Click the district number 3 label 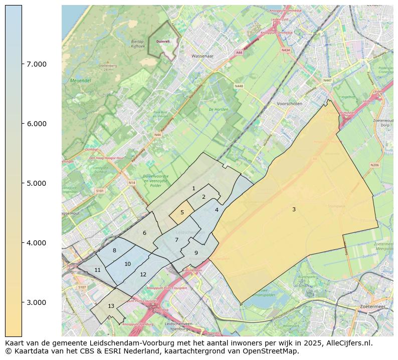[x=294, y=209]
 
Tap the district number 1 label [x=193, y=188]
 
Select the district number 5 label [x=182, y=212]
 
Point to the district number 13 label [x=111, y=306]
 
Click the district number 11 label [x=97, y=270]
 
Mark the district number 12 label [x=143, y=274]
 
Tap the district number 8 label [x=114, y=250]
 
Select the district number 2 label [x=204, y=197]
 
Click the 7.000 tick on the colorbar [x=33, y=64]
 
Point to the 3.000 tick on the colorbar [x=33, y=302]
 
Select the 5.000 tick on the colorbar [x=33, y=183]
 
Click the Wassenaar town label [x=203, y=56]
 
